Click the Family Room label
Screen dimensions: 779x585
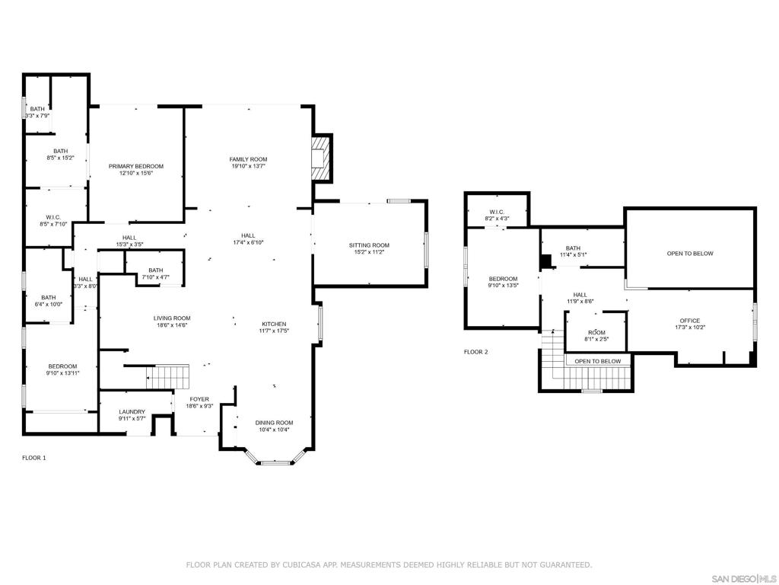click(249, 159)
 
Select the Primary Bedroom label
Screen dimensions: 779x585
click(136, 166)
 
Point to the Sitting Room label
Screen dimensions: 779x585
click(369, 245)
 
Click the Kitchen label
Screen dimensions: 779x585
click(274, 324)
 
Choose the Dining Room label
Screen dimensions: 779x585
click(274, 423)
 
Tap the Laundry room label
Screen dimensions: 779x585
click(132, 412)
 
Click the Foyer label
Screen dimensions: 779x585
click(200, 399)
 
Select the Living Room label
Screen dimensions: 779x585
click(172, 318)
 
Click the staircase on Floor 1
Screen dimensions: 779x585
click(168, 377)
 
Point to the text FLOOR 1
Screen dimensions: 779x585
click(33, 458)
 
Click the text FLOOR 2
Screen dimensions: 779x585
click(476, 352)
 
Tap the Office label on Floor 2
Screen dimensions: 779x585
click(690, 321)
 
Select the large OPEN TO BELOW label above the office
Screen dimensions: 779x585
click(690, 254)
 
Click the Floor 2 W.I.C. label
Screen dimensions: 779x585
click(497, 212)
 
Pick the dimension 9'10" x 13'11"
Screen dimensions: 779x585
click(63, 373)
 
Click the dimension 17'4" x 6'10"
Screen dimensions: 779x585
click(249, 243)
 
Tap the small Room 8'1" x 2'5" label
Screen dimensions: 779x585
click(596, 336)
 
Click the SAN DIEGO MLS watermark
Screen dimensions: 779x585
click(743, 579)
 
